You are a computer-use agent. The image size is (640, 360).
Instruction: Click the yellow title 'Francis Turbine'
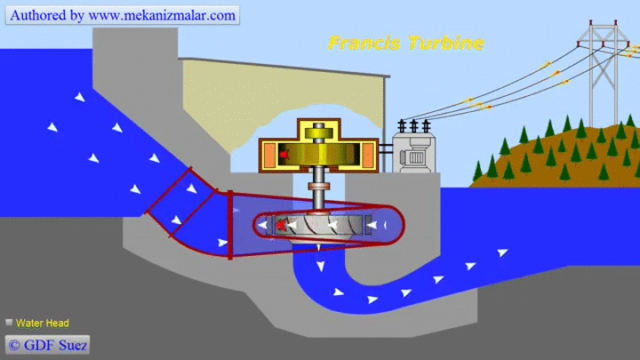pos(406,44)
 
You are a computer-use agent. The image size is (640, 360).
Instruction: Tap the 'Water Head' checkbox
pos(9,323)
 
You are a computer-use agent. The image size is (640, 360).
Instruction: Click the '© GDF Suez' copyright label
pos(47,345)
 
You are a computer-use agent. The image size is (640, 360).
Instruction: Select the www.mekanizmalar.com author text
pos(162,15)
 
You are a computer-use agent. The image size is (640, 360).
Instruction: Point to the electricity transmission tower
pos(604,74)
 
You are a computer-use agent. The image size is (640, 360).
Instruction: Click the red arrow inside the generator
pos(284,155)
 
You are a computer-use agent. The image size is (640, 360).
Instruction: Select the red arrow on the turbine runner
pos(280,225)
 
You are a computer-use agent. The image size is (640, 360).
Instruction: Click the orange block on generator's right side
pos(368,155)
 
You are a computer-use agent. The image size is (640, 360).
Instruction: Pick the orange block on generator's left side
pos(269,155)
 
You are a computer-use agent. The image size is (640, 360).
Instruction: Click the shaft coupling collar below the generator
pos(319,187)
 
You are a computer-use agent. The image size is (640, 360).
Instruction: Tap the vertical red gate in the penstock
pos(230,225)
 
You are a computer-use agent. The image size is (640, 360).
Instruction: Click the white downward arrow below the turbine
pos(320,267)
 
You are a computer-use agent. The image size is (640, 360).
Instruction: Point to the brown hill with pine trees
pos(555,155)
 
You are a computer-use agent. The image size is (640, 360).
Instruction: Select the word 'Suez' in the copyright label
pos(73,345)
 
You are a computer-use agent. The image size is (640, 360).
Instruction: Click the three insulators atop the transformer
pos(414,126)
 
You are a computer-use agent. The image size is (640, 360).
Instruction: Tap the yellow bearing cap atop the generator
pos(319,133)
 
